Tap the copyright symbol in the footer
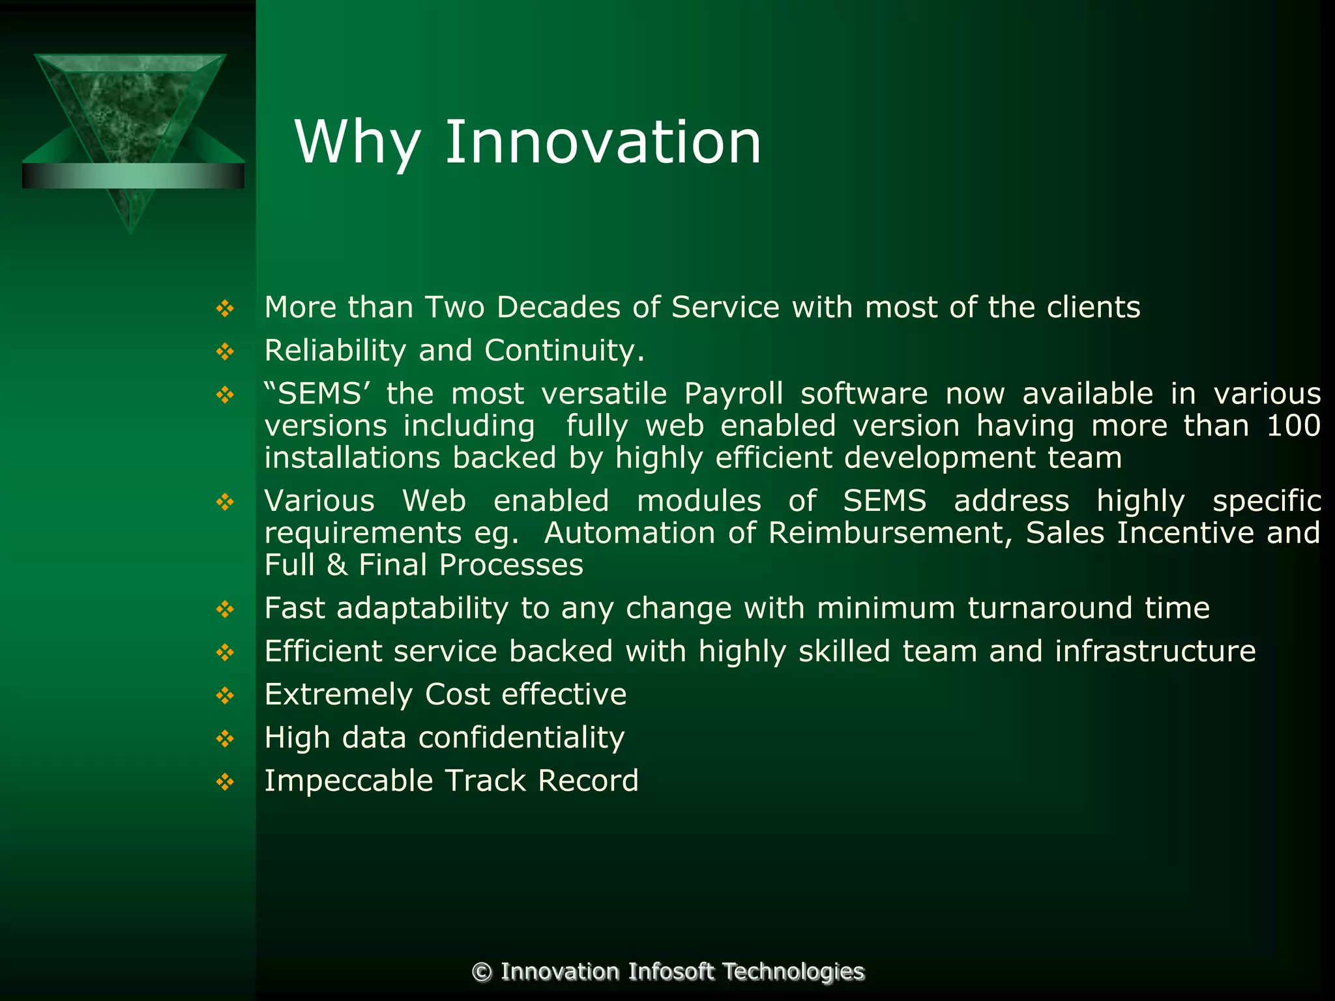tap(482, 972)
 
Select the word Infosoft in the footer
tap(671, 972)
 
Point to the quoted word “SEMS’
tap(317, 394)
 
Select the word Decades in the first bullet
tap(558, 308)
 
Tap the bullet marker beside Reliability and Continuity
tap(225, 352)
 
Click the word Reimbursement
tap(890, 533)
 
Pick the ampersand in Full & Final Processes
tap(337, 565)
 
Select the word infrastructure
tap(1155, 651)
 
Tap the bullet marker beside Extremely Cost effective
tap(225, 695)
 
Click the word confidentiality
tap(521, 738)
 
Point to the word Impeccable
tap(348, 781)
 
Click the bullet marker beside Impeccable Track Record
tap(225, 781)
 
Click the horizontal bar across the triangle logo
tap(133, 176)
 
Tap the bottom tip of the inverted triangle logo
tap(131, 229)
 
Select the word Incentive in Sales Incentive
tap(1185, 533)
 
